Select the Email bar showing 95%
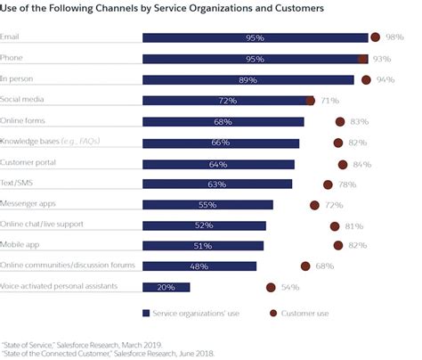tap(255, 37)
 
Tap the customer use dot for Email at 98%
tap(376, 37)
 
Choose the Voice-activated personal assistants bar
tap(166, 287)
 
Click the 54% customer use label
tap(290, 287)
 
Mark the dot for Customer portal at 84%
tap(343, 164)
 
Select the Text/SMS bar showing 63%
tap(217, 184)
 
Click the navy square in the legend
tap(146, 313)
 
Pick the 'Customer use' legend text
tap(306, 313)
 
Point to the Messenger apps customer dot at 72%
tap(314, 205)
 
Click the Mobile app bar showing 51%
tap(203, 246)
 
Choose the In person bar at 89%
tap(248, 79)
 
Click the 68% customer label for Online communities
tap(326, 266)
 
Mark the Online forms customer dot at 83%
tap(340, 122)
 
